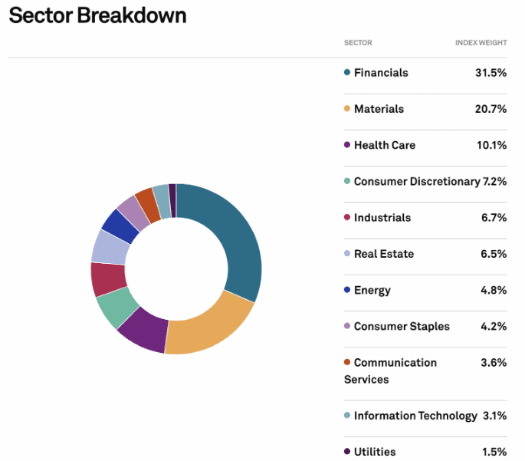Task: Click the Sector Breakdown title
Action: coord(97,15)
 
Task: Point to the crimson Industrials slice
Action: coord(108,278)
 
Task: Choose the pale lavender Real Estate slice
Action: coord(110,247)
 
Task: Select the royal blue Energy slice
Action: coord(120,226)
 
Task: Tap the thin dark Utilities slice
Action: coord(172,200)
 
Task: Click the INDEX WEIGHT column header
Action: coord(481,43)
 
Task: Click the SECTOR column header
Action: coord(358,43)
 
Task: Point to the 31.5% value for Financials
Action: coord(491,73)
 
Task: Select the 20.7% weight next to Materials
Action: coord(491,109)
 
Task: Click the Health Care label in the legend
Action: coord(385,145)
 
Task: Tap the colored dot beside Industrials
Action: coord(347,217)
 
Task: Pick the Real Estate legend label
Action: coord(384,254)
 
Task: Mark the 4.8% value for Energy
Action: coord(494,290)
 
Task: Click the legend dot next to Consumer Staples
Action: coord(347,326)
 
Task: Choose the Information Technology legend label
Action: coord(415,416)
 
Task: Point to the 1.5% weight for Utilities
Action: coord(494,452)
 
